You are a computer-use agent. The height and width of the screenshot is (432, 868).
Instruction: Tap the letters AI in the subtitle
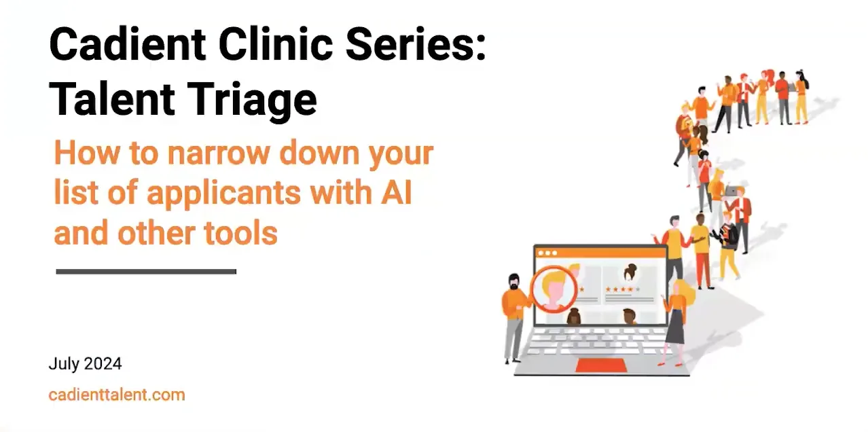click(393, 193)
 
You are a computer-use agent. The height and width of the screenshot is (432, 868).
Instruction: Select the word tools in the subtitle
click(240, 233)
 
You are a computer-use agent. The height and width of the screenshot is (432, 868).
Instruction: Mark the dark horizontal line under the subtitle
click(146, 272)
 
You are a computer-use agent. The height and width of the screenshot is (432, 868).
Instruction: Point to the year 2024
click(103, 363)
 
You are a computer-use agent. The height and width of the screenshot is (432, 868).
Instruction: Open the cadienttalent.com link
click(117, 395)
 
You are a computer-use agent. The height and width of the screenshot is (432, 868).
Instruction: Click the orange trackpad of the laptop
click(598, 365)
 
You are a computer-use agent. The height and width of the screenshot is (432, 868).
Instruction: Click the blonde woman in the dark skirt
click(676, 319)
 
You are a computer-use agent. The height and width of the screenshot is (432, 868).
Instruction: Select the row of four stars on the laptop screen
click(621, 289)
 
